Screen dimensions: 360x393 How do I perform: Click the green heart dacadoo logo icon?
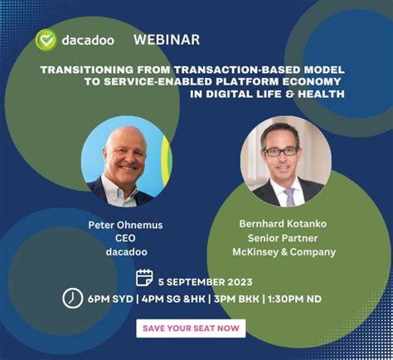tap(46, 40)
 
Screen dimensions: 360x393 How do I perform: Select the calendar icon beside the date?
tap(144, 277)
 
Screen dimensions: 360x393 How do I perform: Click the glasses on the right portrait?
tap(279, 151)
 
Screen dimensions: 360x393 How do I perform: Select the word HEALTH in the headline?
tap(323, 94)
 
